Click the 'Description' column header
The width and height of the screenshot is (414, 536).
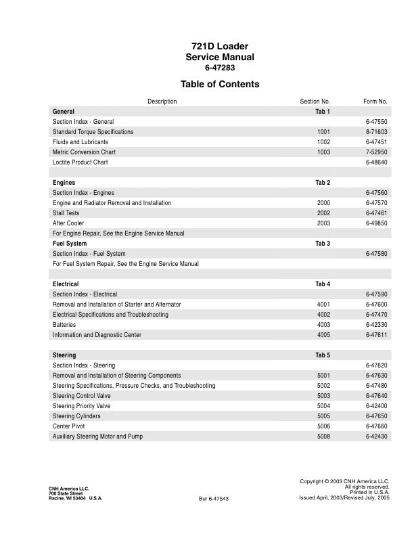point(162,102)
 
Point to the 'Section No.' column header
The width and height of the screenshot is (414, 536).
point(315,102)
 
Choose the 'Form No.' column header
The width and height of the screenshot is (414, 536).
point(375,102)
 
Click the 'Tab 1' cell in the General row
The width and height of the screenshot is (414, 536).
point(323,111)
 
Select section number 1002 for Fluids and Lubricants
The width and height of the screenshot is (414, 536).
point(323,142)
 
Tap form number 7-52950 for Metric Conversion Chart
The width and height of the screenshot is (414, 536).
point(376,152)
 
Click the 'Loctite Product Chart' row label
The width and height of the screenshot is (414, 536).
point(80,162)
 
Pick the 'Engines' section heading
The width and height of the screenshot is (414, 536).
point(64,183)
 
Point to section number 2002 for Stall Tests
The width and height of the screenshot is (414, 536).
point(323,213)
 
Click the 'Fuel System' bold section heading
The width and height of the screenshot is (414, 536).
point(70,244)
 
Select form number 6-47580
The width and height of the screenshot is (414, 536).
point(376,254)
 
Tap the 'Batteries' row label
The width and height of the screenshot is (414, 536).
point(64,325)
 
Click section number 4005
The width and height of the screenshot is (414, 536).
point(323,335)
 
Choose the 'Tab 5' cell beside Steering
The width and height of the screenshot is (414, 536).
point(323,355)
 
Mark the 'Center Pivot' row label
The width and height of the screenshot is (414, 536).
point(70,426)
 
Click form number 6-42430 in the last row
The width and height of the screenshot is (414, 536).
point(376,437)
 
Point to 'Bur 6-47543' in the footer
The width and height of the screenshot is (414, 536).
point(214,499)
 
